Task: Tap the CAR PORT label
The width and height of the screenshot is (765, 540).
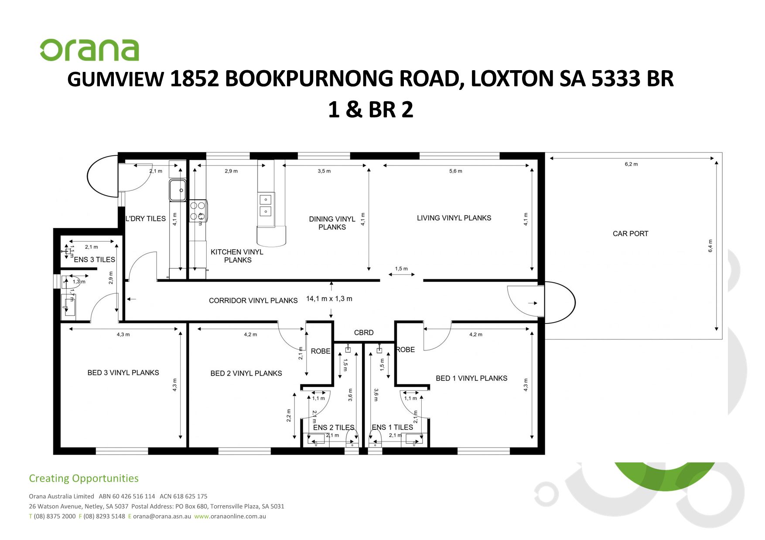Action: (630, 234)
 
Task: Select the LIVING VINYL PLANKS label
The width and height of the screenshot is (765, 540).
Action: (454, 218)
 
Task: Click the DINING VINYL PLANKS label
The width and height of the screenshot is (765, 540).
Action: (332, 223)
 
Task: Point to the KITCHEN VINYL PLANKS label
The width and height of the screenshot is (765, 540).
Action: (237, 256)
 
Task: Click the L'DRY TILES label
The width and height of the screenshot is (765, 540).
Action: (145, 219)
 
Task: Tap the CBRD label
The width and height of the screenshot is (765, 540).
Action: (363, 333)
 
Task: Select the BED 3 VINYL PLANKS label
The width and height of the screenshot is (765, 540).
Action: (123, 373)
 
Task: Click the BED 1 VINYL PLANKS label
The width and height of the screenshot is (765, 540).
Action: (471, 378)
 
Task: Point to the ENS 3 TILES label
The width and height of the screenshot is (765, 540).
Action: (94, 260)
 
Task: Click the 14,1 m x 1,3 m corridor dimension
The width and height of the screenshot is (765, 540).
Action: (329, 299)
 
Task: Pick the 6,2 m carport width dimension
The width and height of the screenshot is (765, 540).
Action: (631, 164)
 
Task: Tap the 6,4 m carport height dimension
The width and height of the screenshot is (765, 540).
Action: (710, 246)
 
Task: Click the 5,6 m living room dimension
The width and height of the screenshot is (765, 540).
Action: (455, 171)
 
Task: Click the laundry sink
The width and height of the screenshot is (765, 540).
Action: (178, 190)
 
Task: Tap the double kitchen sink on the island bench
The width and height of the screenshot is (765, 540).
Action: (266, 206)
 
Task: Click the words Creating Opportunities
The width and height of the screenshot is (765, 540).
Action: (84, 479)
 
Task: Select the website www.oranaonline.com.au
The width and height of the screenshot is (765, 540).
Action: (230, 516)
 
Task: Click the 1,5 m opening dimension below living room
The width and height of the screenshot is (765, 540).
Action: (401, 269)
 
